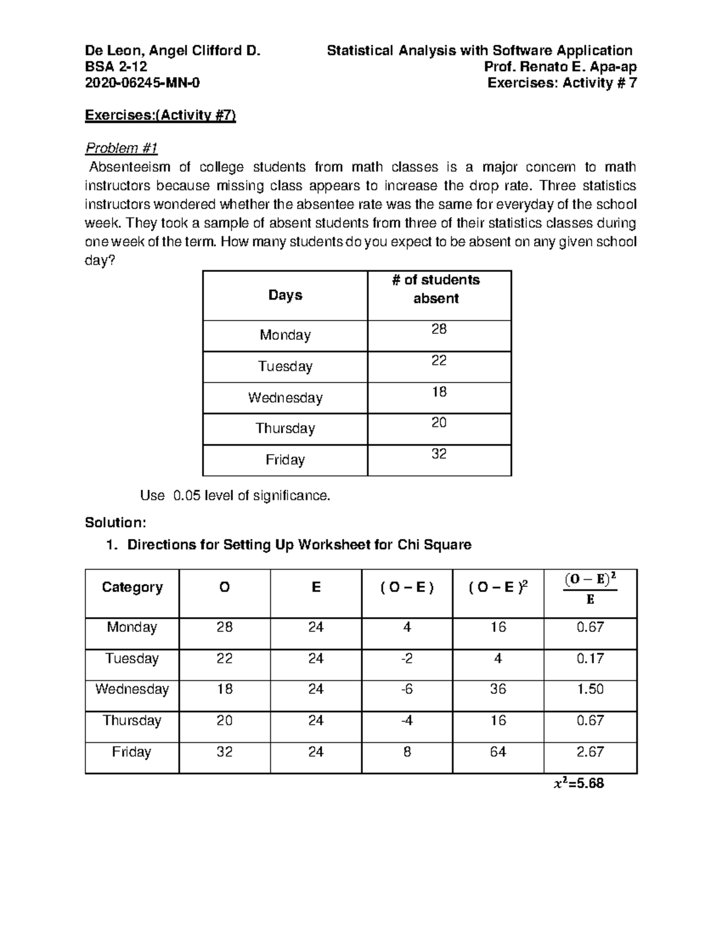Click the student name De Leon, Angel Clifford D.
coord(173,51)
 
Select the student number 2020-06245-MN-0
coord(142,83)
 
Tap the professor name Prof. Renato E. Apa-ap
coord(556,67)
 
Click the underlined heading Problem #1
coord(121,148)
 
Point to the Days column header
coord(285,295)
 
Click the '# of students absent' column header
coord(439,289)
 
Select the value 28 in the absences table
coord(439,329)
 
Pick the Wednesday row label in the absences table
coord(285,398)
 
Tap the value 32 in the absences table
coord(439,454)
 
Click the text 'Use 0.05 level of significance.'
coord(235,496)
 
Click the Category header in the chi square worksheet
coord(132,587)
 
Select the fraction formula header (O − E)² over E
coord(590,589)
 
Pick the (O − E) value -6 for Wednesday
coord(407,689)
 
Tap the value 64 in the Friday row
coord(498,752)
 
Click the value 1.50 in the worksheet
coord(590,689)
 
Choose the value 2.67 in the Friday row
coord(590,752)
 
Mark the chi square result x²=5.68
coord(578,784)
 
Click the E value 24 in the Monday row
coord(316,627)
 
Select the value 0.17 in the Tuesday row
coord(590,659)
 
